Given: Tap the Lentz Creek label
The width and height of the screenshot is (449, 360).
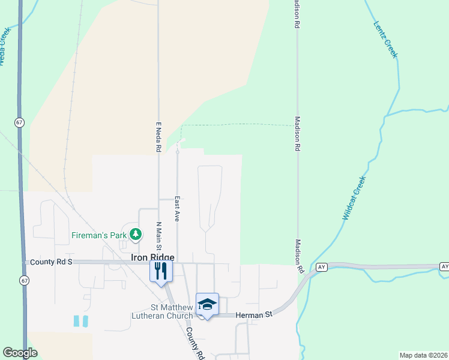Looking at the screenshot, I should pyautogui.click(x=385, y=40).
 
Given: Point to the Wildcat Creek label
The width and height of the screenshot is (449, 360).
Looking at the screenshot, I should pyautogui.click(x=354, y=197).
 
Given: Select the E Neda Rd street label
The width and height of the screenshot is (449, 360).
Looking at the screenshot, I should pyautogui.click(x=159, y=137).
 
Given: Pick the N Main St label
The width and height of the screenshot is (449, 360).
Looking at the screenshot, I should pyautogui.click(x=159, y=236).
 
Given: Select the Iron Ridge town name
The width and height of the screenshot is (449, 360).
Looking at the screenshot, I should pyautogui.click(x=152, y=257).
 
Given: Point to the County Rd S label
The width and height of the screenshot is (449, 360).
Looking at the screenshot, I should pyautogui.click(x=50, y=263).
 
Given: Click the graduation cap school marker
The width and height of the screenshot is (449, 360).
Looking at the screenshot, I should pyautogui.click(x=207, y=305).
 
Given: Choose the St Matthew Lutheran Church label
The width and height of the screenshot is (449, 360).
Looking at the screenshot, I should pyautogui.click(x=163, y=311).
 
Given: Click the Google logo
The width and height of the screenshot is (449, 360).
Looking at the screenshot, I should pyautogui.click(x=20, y=353).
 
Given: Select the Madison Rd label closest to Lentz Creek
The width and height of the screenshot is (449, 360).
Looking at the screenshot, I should pyautogui.click(x=297, y=15).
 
